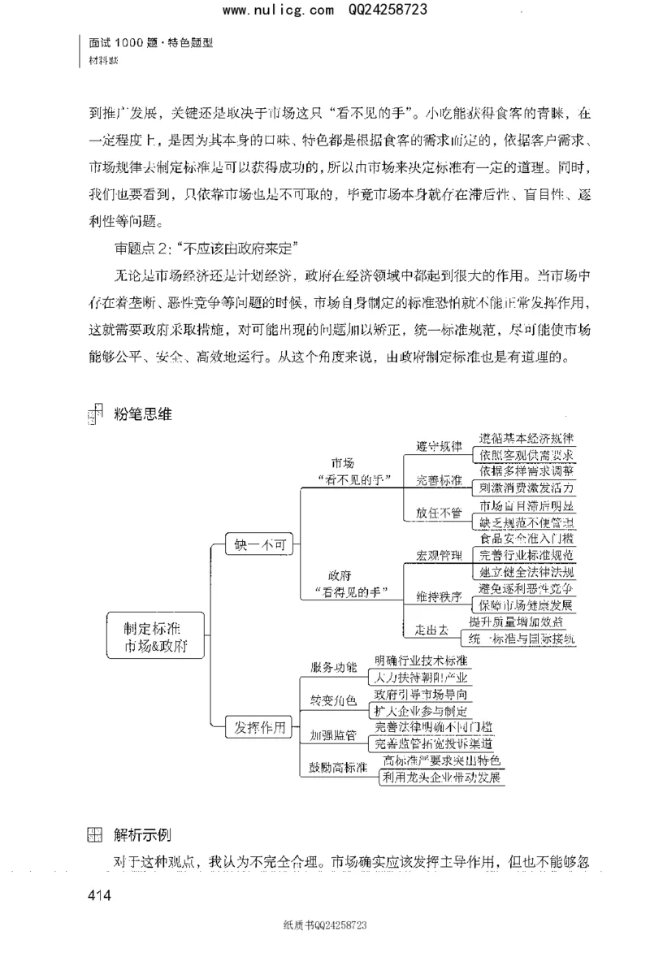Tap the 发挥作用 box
click(x=258, y=728)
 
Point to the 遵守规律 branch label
click(x=439, y=446)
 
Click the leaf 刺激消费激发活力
click(x=526, y=488)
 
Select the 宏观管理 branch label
click(x=439, y=556)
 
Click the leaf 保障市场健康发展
click(x=526, y=606)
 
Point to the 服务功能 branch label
click(x=333, y=667)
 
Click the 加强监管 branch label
click(x=333, y=735)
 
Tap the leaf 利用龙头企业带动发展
click(x=443, y=778)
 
